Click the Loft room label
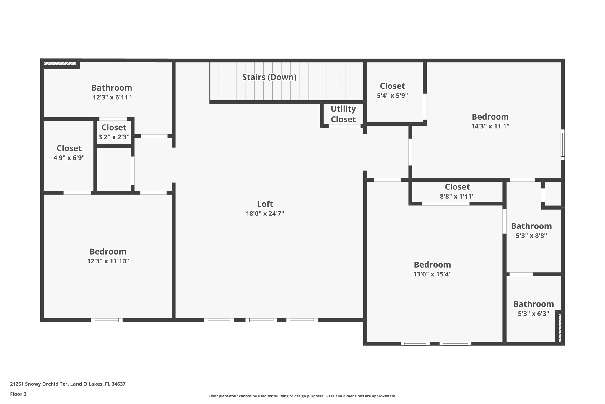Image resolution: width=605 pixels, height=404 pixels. [265, 204]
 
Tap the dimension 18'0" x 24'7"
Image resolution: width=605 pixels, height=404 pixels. [265, 213]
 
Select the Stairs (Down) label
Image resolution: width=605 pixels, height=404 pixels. [269, 77]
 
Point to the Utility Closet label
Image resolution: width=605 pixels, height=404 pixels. [343, 114]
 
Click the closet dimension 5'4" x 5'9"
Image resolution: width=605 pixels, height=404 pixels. [392, 96]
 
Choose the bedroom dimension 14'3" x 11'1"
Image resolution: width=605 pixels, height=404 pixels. [490, 126]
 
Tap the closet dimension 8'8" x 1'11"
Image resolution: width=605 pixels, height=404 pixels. [457, 196]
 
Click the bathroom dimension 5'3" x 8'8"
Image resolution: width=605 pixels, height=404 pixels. [531, 236]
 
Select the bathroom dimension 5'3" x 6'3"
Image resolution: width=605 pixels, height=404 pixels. [533, 313]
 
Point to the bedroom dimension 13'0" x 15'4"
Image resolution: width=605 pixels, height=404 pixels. [432, 274]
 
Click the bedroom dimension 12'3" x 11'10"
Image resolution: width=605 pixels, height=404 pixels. [108, 261]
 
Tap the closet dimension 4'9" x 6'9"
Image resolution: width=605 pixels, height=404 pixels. [69, 158]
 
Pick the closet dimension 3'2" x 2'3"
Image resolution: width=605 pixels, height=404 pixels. [114, 137]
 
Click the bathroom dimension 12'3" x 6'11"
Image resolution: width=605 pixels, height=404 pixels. [112, 97]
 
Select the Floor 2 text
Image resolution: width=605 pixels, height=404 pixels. [18, 394]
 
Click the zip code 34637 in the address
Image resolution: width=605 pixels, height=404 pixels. [118, 384]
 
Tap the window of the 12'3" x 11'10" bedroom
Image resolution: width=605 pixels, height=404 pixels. [107, 320]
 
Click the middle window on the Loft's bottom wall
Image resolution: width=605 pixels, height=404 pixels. [261, 320]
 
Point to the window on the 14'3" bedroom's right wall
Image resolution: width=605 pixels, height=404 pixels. [562, 145]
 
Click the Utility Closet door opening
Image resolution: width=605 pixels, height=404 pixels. [345, 126]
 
